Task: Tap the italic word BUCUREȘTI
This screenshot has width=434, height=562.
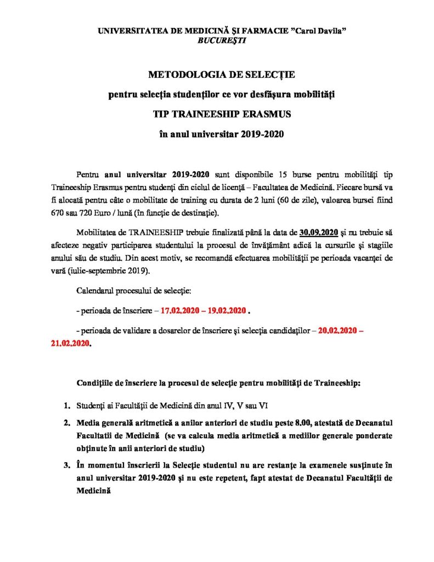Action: [217, 41]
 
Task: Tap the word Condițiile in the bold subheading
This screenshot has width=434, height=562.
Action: [95, 383]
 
